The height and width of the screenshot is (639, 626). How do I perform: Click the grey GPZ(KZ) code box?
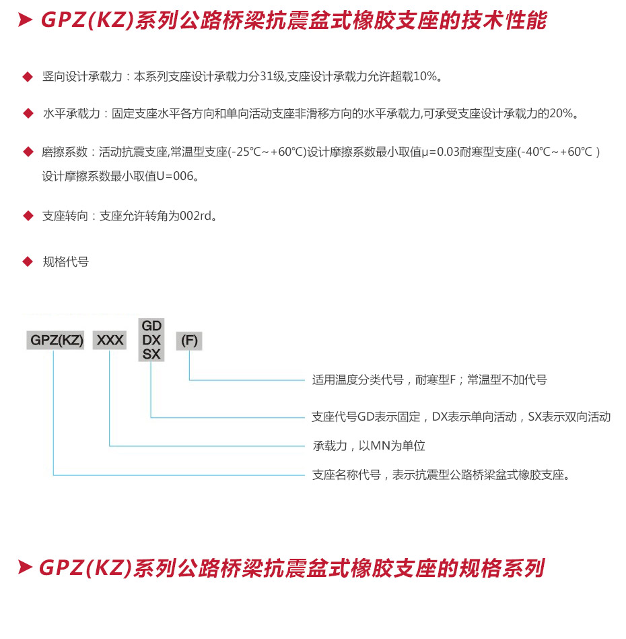click(x=55, y=340)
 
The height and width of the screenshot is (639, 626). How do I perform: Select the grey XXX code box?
click(x=110, y=340)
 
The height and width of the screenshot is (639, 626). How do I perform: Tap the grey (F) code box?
click(x=189, y=340)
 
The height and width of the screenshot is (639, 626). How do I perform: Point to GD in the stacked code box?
click(x=151, y=326)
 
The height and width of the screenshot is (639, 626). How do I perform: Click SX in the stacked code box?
click(x=151, y=354)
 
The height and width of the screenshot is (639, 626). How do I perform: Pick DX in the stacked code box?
click(x=151, y=340)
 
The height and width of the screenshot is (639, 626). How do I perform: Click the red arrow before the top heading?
click(x=26, y=20)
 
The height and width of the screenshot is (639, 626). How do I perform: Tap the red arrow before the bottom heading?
click(x=25, y=568)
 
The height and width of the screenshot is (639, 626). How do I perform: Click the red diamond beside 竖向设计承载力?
click(x=28, y=77)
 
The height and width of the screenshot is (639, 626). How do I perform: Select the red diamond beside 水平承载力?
click(x=28, y=113)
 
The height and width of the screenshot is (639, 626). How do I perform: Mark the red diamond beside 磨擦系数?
click(x=28, y=152)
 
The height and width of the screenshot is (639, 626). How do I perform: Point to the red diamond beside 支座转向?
click(x=28, y=216)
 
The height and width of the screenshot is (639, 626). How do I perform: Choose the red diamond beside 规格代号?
click(x=28, y=262)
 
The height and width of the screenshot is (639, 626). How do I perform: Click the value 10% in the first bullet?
click(x=425, y=76)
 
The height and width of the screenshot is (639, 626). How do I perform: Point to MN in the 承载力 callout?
click(x=380, y=446)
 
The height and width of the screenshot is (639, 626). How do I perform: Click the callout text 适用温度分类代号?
click(x=358, y=379)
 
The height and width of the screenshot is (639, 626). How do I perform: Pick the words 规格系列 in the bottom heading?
click(x=501, y=568)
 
